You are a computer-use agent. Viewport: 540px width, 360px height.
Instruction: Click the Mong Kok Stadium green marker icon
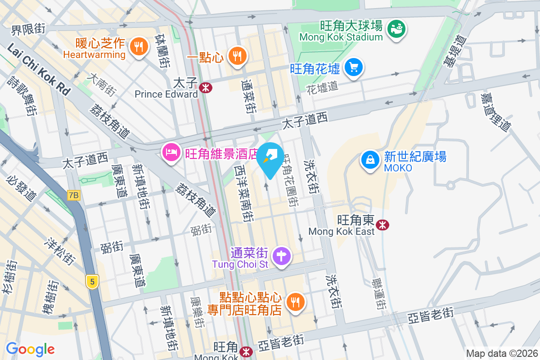coord(396,29)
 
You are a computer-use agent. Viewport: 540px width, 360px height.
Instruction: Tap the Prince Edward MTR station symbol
coord(207,87)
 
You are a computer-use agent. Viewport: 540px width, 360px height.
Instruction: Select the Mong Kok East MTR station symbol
coord(383,224)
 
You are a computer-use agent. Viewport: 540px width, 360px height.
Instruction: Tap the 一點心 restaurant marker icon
coord(236,56)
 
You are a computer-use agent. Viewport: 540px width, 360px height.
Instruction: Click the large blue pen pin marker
coord(270,160)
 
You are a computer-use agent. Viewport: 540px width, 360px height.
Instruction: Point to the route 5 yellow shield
coord(92,282)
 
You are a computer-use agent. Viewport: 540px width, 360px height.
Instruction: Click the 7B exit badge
coord(73,195)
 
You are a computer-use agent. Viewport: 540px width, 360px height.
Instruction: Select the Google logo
coord(30,349)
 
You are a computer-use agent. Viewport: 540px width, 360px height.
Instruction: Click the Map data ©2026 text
coord(501,354)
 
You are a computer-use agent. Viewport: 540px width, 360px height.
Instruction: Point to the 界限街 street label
coord(28,29)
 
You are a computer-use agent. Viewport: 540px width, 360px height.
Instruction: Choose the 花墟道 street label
coord(322,86)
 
